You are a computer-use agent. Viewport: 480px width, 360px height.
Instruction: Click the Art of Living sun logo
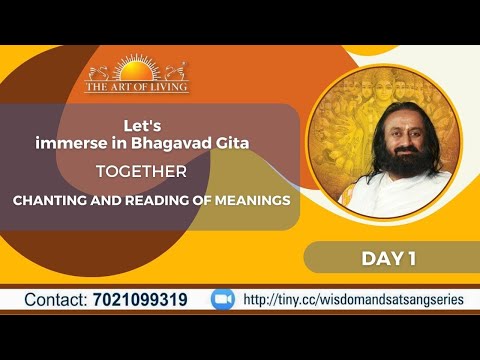point(136,72)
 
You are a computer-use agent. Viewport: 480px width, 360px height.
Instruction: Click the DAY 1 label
point(387,258)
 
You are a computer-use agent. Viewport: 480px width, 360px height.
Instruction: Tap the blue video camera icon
point(223,299)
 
